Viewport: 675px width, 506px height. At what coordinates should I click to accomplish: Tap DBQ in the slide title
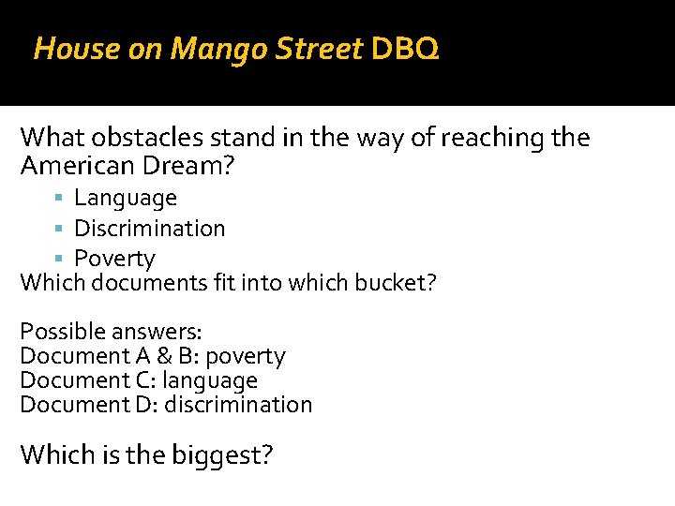403,49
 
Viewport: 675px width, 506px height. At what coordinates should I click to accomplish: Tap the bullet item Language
126,198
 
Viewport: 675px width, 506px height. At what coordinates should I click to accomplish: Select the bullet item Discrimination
150,228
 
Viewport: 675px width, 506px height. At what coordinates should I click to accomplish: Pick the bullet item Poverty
114,258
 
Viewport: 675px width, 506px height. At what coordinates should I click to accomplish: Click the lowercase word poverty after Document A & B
245,356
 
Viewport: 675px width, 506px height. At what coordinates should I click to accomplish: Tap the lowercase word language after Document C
209,380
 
